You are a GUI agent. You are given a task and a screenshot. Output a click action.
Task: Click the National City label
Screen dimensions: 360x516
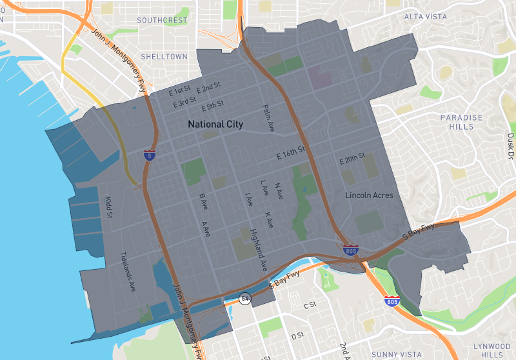click(x=215, y=124)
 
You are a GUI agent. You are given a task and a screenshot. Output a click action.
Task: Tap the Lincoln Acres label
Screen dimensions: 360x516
click(x=369, y=195)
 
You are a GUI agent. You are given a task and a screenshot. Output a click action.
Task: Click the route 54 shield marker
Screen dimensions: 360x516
click(x=245, y=299)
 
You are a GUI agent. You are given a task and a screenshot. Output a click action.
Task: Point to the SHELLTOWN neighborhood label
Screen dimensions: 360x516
click(x=164, y=56)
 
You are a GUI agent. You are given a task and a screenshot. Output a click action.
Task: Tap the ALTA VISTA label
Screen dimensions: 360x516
click(x=426, y=16)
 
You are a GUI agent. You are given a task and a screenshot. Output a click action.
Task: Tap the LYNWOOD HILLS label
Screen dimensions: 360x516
click(x=493, y=350)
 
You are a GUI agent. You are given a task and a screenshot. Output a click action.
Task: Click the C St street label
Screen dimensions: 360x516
click(x=311, y=303)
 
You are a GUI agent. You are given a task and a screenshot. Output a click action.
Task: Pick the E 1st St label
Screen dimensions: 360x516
click(x=180, y=90)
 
